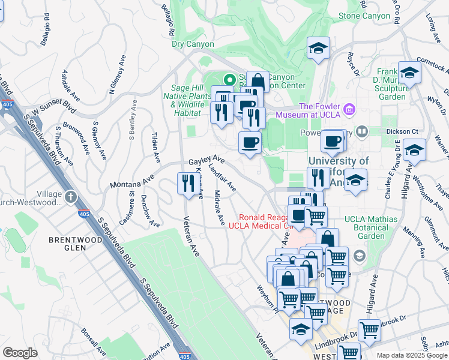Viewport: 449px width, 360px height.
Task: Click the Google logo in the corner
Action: (x=20, y=353)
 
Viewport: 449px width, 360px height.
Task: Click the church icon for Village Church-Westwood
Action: (x=71, y=196)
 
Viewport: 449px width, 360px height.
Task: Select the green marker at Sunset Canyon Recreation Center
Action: (x=229, y=79)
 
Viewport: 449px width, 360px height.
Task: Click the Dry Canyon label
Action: (x=193, y=44)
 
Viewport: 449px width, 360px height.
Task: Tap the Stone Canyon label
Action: (x=364, y=16)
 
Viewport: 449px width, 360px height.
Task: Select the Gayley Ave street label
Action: (x=206, y=161)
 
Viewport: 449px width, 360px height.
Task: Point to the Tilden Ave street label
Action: (x=155, y=148)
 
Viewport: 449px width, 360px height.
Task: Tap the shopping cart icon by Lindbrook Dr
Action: (x=369, y=329)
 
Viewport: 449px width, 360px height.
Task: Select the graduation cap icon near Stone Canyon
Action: (x=318, y=49)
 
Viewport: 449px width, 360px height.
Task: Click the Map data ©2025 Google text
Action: (x=412, y=355)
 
